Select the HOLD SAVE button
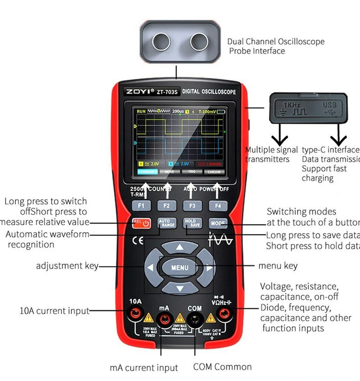(192, 223)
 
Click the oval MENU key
(180, 267)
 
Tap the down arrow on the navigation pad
(180, 288)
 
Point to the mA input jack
(164, 318)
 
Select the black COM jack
(195, 318)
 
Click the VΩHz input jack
(224, 315)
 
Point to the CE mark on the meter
(138, 241)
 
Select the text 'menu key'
(277, 266)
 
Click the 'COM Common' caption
(222, 367)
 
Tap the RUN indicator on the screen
(141, 111)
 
